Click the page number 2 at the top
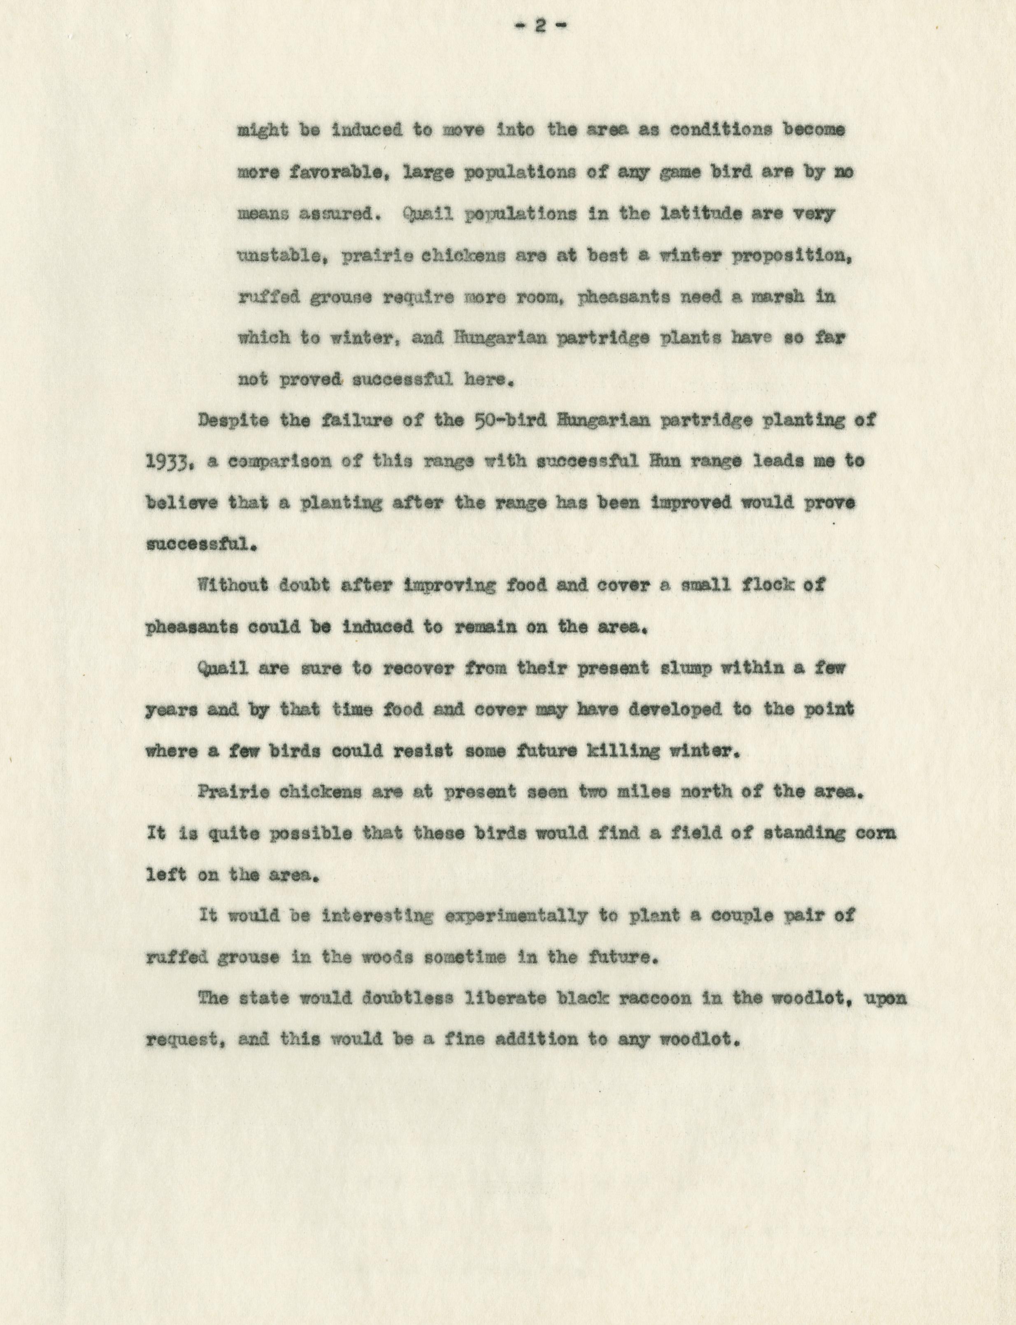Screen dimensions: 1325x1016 click(x=542, y=26)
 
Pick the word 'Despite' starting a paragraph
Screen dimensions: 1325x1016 click(x=233, y=420)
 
